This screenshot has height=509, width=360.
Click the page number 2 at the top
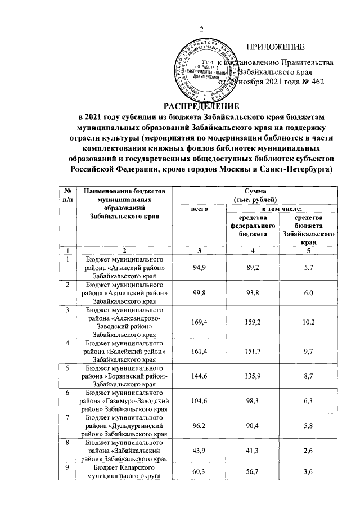202,30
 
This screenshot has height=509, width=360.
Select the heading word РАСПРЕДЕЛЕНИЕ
201,106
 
